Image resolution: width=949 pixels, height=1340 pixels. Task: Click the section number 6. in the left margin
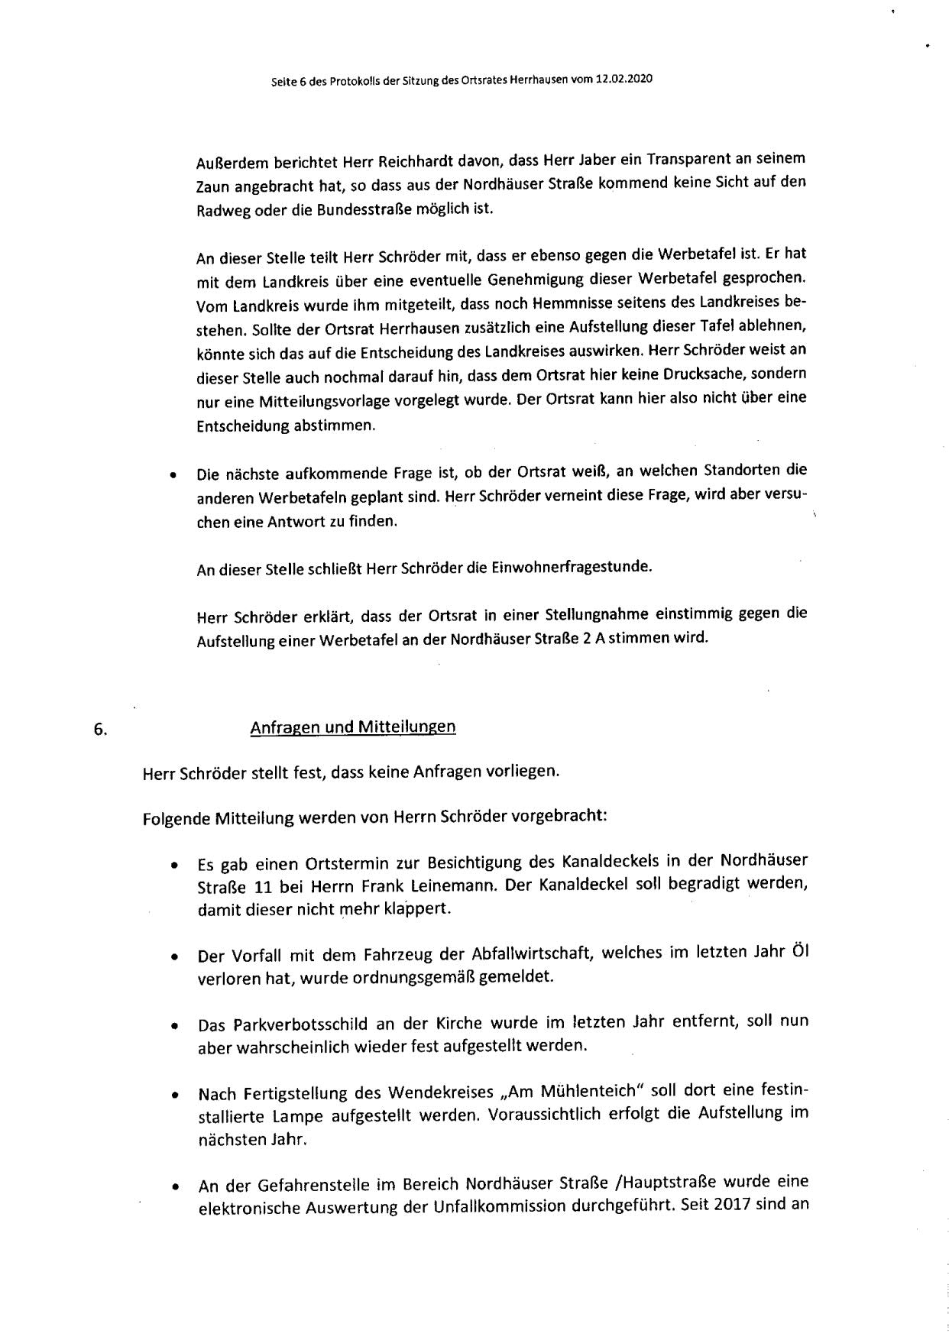pyautogui.click(x=100, y=729)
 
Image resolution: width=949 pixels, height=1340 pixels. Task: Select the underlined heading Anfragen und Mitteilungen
pyautogui.click(x=353, y=727)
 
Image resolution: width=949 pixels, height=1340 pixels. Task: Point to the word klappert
pyautogui.click(x=419, y=910)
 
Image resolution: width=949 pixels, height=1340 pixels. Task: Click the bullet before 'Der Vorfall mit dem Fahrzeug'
pyautogui.click(x=176, y=956)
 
